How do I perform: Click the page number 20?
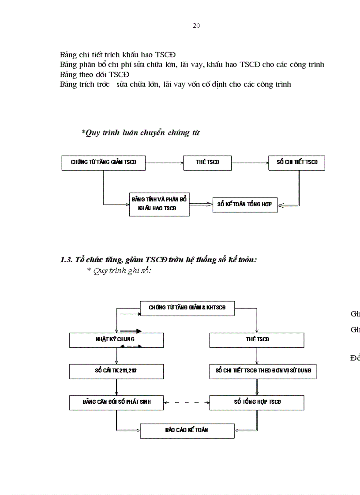click(196, 26)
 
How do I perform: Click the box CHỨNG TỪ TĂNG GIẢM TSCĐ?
click(104, 163)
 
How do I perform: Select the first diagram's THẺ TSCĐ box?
click(207, 163)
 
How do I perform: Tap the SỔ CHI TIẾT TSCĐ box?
click(297, 163)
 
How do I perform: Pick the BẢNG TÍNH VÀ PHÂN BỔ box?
click(159, 204)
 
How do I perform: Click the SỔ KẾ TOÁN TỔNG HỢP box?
click(245, 205)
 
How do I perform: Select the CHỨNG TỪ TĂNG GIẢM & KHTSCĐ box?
click(187, 308)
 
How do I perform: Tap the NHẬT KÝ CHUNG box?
click(116, 340)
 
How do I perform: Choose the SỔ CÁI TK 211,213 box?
click(116, 371)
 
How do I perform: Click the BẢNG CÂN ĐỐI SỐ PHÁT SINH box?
click(116, 402)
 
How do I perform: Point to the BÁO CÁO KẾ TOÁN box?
click(187, 430)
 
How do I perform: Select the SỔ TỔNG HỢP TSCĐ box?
click(257, 402)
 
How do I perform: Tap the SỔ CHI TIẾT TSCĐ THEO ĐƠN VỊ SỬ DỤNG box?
click(263, 371)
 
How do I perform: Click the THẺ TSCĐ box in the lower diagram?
click(257, 340)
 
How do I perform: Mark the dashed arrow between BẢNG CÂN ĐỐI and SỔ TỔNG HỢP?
click(187, 402)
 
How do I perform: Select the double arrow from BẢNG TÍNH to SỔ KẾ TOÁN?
click(201, 204)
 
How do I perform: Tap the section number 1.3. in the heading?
click(66, 260)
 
